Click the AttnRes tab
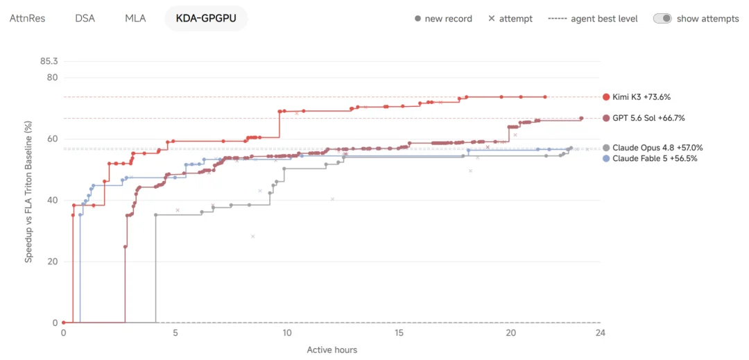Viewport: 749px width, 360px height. click(x=27, y=19)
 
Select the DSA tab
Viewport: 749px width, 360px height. click(x=85, y=19)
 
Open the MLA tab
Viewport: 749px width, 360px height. click(x=135, y=19)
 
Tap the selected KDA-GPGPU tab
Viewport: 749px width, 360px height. click(x=207, y=19)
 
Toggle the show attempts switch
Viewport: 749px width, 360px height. click(x=662, y=19)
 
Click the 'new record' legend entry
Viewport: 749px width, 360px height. click(x=443, y=19)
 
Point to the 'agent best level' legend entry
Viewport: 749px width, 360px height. click(x=593, y=19)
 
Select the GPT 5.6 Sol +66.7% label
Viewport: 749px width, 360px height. click(x=644, y=118)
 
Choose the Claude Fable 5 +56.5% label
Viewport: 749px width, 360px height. click(x=650, y=159)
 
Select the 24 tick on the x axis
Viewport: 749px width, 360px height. click(x=600, y=333)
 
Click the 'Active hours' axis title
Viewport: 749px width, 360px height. click(x=332, y=350)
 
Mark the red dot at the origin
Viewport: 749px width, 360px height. click(x=64, y=323)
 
